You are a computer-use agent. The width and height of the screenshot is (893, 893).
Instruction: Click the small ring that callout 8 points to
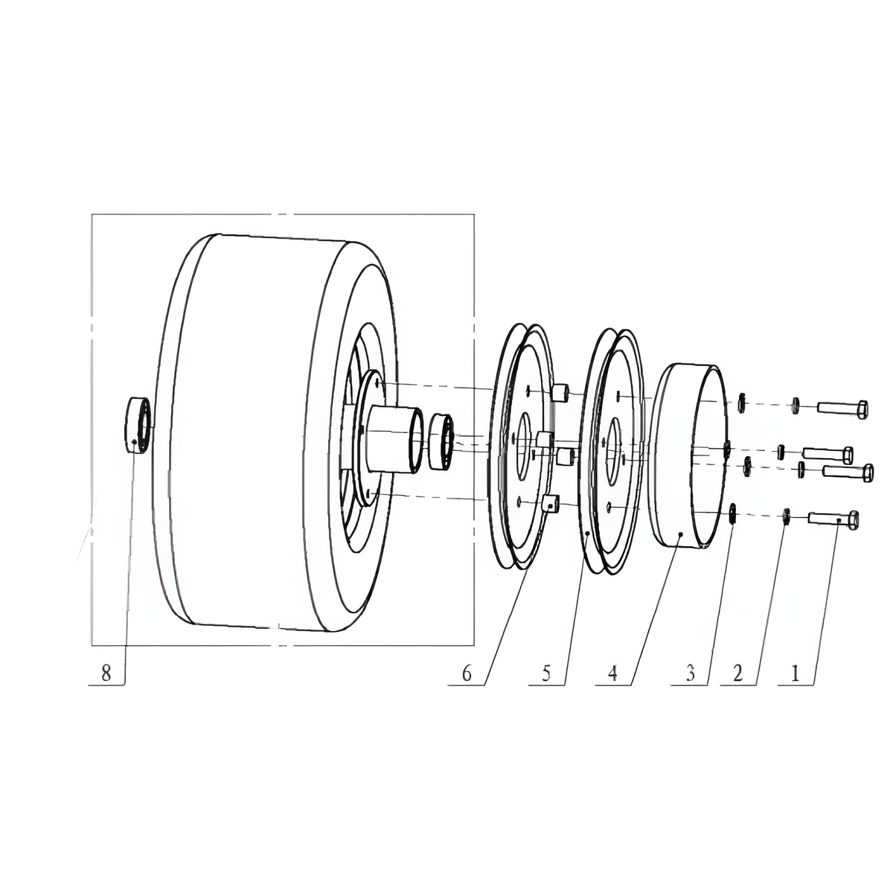[138, 425]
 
